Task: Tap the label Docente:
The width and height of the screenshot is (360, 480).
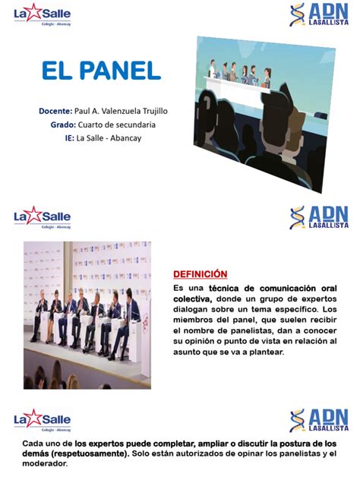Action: (x=55, y=111)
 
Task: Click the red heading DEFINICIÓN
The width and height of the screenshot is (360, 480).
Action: (x=200, y=273)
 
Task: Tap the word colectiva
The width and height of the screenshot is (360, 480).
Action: (x=193, y=299)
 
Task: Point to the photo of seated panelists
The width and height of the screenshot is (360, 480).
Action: (x=87, y=314)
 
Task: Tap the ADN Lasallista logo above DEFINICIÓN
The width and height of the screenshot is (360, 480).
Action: (x=319, y=218)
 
